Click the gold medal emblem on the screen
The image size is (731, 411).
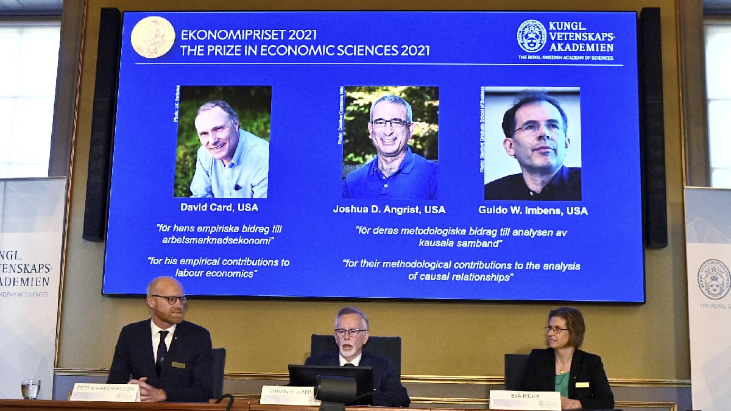point(152,37)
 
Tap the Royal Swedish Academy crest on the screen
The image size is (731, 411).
point(531,37)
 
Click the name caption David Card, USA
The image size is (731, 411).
point(219,207)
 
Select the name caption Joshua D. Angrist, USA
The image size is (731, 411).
point(389,209)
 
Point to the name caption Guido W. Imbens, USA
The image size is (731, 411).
point(533,211)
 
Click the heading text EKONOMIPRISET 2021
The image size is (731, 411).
point(249,35)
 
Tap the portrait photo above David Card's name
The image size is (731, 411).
point(223,141)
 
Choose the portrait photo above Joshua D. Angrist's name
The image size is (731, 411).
point(390,142)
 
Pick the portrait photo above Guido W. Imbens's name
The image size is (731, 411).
point(532,144)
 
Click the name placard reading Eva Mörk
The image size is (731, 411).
point(524,400)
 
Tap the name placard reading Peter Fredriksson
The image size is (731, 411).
point(105,392)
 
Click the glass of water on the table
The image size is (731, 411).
point(30,388)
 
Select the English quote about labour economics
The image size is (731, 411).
point(219,267)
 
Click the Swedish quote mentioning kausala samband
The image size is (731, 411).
point(461,237)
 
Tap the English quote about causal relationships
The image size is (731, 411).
point(461,271)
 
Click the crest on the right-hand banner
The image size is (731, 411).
point(713,279)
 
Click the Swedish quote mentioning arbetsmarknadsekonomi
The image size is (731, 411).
point(219,234)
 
